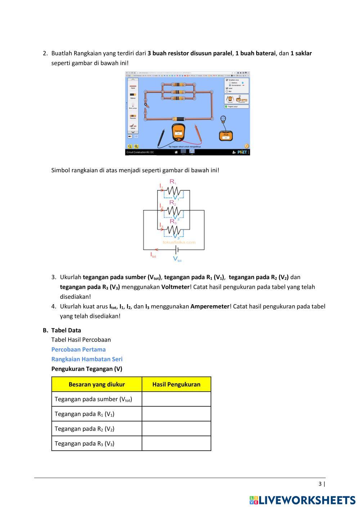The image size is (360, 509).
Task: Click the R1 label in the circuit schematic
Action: point(173,182)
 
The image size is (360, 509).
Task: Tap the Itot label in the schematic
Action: point(153,255)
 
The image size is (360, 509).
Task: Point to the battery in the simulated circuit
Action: point(179,118)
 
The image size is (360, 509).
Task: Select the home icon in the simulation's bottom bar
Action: point(176,152)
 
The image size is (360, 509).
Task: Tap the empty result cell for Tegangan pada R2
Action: point(176,429)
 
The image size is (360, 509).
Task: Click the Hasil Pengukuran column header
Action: point(176,384)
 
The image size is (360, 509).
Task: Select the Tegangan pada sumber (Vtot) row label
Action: point(93,399)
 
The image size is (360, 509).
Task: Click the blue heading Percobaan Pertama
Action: point(78,349)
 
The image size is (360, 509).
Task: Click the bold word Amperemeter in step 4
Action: point(210,306)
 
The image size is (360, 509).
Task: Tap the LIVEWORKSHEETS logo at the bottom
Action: point(302,500)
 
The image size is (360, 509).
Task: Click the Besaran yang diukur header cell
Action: point(96,384)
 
